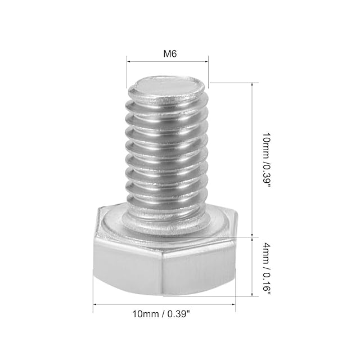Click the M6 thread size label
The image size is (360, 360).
point(170,54)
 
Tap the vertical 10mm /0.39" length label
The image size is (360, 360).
point(267,160)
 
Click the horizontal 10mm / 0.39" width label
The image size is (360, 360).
point(161,314)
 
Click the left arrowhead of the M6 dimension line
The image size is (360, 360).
point(129,61)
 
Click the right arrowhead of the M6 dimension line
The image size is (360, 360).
point(206,61)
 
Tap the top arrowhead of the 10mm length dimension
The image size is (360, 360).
point(253,84)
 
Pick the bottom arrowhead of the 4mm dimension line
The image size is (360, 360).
point(253,294)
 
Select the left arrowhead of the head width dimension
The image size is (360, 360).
point(95,304)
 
